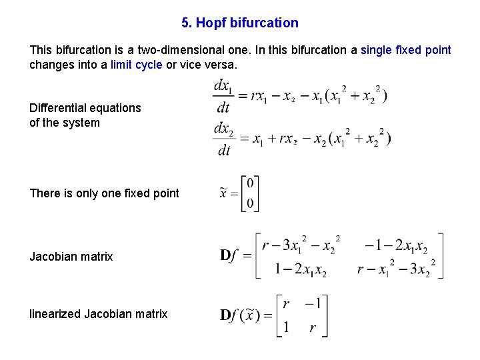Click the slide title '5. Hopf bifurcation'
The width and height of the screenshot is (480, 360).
(240, 23)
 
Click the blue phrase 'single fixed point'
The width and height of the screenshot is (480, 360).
(405, 50)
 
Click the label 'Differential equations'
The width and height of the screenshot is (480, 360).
(85, 108)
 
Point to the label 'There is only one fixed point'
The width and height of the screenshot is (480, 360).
(104, 193)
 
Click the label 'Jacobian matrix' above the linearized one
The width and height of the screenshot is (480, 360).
(71, 257)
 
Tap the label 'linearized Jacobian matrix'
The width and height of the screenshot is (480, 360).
(99, 313)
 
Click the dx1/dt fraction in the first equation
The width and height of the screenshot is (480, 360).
(223, 97)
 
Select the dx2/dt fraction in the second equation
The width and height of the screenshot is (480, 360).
(223, 139)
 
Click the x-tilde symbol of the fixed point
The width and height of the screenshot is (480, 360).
(225, 193)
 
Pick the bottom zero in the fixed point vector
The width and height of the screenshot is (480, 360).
(250, 203)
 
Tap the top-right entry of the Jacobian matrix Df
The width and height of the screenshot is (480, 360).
(396, 245)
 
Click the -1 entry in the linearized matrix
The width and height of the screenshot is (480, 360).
(313, 304)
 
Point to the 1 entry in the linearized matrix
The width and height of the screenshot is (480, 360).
(286, 327)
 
